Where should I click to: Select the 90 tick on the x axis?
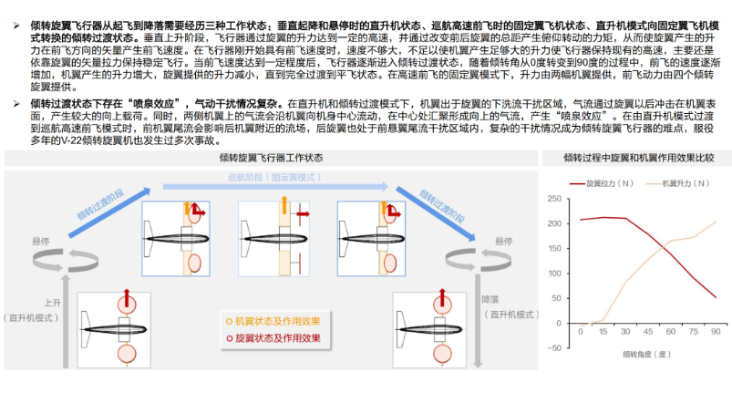[716, 333]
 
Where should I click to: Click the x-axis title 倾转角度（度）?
[647, 354]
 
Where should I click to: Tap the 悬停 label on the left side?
[40, 242]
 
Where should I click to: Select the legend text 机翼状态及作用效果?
[278, 321]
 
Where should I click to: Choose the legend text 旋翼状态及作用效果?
[278, 338]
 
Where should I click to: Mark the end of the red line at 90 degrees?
[716, 297]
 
